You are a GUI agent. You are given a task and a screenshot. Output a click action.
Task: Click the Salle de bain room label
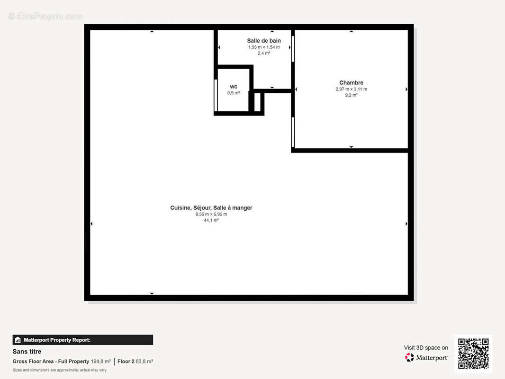(264, 41)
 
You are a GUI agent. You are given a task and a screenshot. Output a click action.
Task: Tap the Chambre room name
(351, 83)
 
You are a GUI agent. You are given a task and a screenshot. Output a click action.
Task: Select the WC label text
(234, 87)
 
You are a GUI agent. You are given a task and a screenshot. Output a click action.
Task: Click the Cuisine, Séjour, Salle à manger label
(211, 208)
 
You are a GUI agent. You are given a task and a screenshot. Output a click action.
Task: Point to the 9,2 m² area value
(351, 95)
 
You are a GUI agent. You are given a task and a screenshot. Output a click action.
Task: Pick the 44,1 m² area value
(211, 220)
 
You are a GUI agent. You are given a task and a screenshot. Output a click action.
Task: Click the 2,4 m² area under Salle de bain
(264, 53)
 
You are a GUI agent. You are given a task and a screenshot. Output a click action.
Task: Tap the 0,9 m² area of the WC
(234, 93)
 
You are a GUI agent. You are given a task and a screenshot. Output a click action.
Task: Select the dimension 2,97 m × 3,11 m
(351, 89)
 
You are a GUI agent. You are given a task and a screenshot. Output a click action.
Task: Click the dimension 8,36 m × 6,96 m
(211, 214)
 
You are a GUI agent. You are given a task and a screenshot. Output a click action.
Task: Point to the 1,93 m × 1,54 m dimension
(264, 47)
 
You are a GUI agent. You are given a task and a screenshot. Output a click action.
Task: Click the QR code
(473, 353)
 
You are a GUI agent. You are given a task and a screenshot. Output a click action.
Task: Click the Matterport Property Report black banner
(83, 340)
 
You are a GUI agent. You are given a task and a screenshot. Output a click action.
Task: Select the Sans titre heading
(27, 352)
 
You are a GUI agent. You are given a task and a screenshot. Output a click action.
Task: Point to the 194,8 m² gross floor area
(101, 361)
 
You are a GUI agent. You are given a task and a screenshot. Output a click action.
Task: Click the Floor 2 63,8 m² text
(135, 361)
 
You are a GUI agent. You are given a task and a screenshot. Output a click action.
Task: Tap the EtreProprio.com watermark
(45, 16)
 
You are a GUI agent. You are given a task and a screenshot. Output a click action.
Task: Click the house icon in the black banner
(18, 340)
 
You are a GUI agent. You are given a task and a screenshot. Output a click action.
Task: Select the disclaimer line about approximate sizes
(60, 370)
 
